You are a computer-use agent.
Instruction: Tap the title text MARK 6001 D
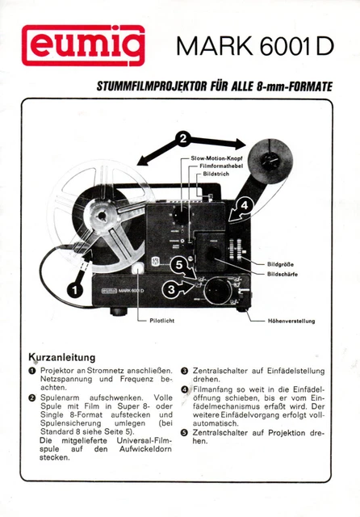pos(253,47)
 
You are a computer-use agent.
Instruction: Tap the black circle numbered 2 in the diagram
pos(183,139)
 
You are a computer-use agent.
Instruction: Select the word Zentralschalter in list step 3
pos(222,371)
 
